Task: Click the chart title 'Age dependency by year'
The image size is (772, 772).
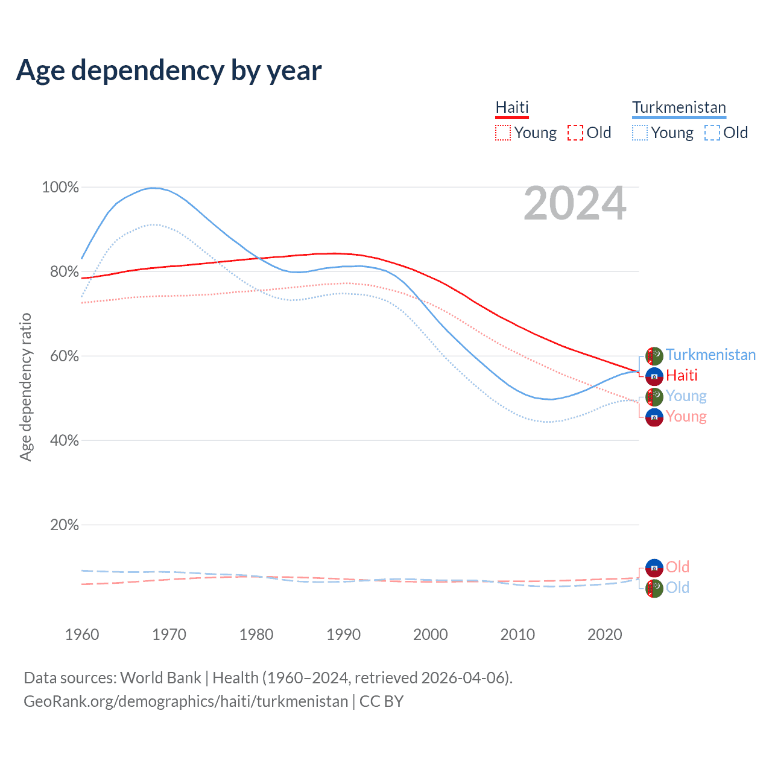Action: pos(169,70)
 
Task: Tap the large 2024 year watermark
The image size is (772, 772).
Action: pos(575,203)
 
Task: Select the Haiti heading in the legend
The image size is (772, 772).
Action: pos(512,107)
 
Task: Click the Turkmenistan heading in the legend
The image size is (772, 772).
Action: pos(679,107)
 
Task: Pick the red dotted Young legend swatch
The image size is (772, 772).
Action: pos(502,133)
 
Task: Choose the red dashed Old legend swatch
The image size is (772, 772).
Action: pos(575,133)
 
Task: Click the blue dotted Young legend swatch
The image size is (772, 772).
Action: pos(640,133)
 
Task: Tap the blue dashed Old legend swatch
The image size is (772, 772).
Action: pos(712,133)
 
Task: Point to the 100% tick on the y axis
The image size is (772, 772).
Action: pos(60,188)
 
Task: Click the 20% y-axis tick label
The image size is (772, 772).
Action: pos(65,525)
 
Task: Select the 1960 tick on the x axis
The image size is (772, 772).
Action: pos(82,634)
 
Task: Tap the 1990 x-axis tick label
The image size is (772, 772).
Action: pos(343,634)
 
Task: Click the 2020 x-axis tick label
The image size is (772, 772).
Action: pos(604,634)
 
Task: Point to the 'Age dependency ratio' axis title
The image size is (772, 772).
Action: pos(25,387)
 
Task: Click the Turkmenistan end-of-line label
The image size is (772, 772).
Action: pos(710,355)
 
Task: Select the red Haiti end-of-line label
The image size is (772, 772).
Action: pos(682,375)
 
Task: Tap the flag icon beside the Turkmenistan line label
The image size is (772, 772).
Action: pos(654,356)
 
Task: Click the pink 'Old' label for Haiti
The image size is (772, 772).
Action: pos(677,567)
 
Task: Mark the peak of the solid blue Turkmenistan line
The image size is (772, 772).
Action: pos(154,188)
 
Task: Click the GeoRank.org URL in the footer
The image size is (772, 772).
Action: pos(186,701)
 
